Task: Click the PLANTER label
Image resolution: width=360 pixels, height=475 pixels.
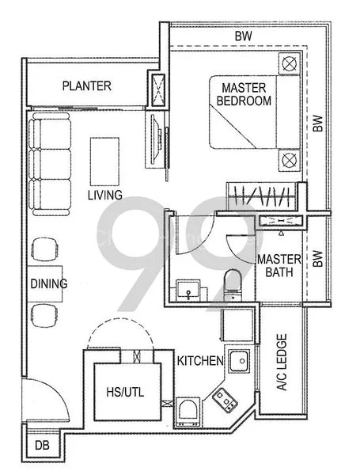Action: tap(87, 86)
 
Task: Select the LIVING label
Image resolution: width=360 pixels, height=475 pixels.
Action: tap(104, 195)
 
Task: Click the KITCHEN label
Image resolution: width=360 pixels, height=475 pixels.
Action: tap(200, 361)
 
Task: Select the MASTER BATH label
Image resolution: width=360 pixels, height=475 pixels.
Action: tap(278, 267)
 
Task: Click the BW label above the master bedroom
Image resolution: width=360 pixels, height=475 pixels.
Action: tap(244, 36)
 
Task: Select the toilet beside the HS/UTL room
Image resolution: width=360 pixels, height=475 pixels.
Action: tap(188, 411)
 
